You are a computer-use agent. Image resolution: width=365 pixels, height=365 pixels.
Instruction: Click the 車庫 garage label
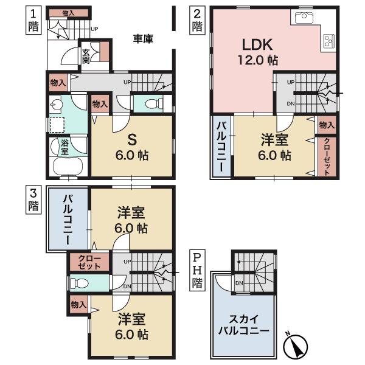pyautogui.click(x=143, y=38)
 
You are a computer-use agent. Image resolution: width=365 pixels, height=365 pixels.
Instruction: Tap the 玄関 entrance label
pyautogui.click(x=86, y=57)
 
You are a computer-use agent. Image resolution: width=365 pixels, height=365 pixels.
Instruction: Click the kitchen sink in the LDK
pyautogui.click(x=302, y=18)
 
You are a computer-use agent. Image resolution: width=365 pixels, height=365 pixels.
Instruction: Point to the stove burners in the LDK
pyautogui.click(x=329, y=41)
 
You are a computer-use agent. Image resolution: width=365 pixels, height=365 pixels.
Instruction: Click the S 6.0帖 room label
pyautogui.click(x=131, y=147)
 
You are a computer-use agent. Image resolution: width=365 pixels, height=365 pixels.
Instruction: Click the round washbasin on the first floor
pyautogui.click(x=57, y=104)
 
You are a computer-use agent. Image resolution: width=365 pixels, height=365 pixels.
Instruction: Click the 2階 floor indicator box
pyautogui.click(x=198, y=19)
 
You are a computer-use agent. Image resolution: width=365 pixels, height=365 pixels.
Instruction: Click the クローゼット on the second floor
pyautogui.click(x=326, y=156)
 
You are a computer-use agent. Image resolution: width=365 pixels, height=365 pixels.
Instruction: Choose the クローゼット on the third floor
pyautogui.click(x=89, y=262)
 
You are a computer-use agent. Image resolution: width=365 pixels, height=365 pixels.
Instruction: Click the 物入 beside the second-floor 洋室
pyautogui.click(x=326, y=125)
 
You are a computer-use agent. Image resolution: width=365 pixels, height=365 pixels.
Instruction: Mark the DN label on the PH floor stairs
pyautogui.click(x=239, y=283)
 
